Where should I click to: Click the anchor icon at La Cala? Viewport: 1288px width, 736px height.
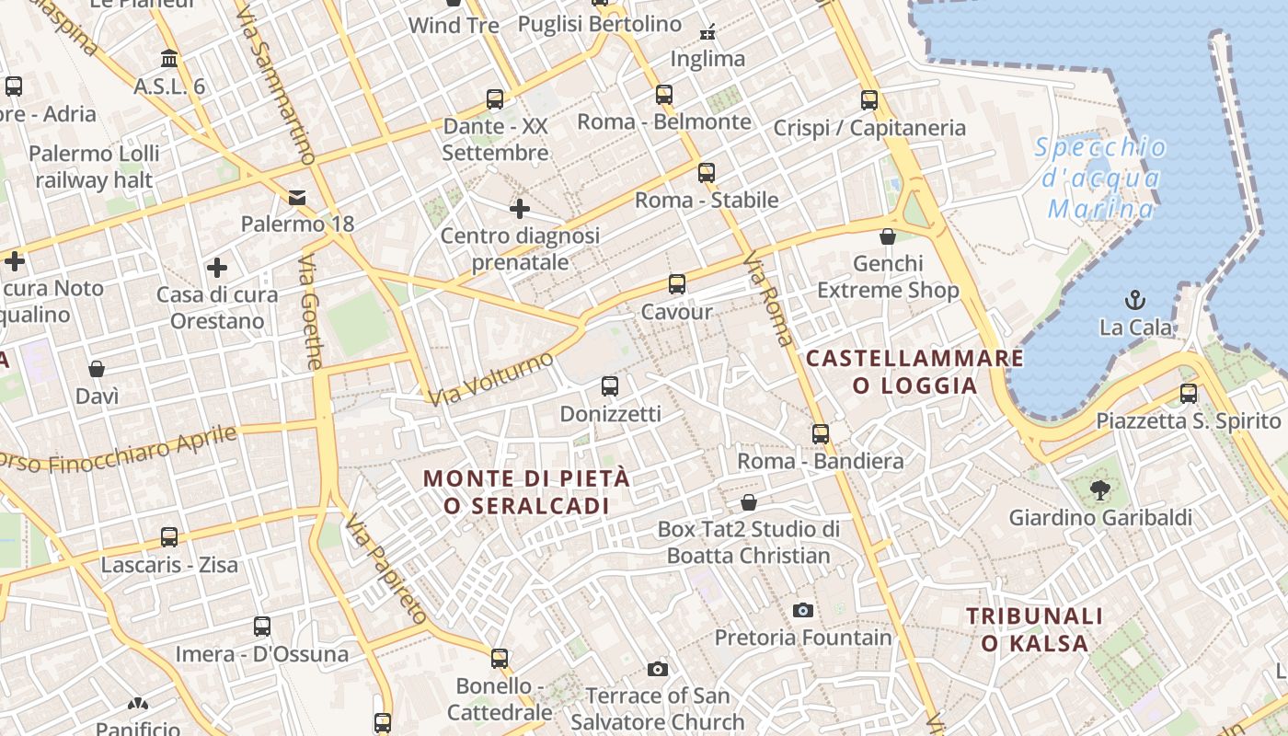[1136, 300]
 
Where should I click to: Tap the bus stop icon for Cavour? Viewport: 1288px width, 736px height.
[677, 284]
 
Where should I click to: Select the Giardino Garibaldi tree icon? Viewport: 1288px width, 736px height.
[1099, 490]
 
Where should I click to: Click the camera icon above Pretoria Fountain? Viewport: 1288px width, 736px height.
[803, 610]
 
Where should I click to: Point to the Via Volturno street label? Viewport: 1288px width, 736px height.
[490, 378]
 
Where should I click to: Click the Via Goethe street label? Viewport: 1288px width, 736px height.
[311, 312]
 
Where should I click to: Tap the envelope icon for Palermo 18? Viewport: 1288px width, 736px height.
[297, 198]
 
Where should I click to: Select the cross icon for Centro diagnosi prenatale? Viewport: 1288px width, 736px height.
[520, 209]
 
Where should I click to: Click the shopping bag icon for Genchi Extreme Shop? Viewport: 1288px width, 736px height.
[888, 237]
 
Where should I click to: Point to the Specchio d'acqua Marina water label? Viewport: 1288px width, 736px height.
[1100, 178]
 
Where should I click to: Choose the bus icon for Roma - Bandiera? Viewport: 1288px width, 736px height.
[821, 434]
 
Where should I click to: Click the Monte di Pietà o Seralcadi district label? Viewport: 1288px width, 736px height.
[527, 492]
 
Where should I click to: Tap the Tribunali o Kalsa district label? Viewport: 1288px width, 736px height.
[1034, 629]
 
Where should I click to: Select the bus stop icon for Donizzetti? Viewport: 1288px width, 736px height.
[610, 386]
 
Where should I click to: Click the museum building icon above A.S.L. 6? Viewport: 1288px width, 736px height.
[169, 59]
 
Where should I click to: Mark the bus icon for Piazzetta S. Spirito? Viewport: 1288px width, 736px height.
[1189, 394]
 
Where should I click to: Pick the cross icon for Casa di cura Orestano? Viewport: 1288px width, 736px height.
[217, 268]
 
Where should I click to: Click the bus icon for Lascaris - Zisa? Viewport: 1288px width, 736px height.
[169, 537]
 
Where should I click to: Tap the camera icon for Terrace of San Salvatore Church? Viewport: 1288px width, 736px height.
[657, 669]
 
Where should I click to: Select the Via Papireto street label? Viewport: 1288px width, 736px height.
[386, 569]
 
